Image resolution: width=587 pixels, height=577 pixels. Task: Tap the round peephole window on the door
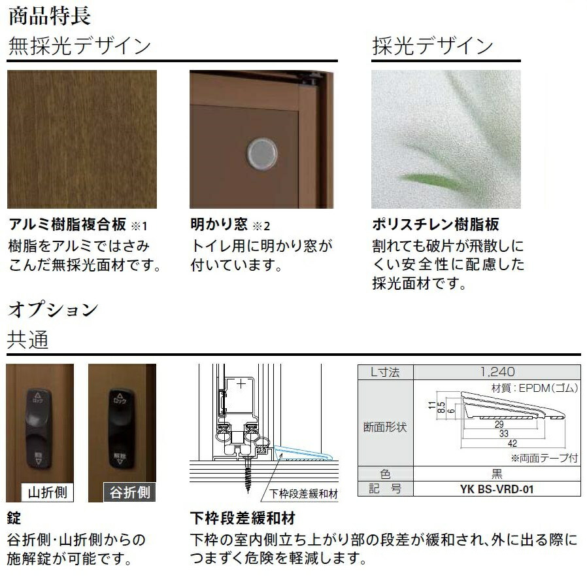pos(261,152)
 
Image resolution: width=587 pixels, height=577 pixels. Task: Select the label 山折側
pos(47,492)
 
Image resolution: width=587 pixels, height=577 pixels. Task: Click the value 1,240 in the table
pos(497,372)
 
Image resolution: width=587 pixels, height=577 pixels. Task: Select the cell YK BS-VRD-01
pos(497,489)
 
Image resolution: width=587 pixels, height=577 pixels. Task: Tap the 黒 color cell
pos(497,474)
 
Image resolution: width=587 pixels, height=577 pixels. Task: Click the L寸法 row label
pos(386,372)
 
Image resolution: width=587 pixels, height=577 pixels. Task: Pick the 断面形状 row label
pos(386,427)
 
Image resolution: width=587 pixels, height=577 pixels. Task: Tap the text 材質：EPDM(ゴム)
pos(534,388)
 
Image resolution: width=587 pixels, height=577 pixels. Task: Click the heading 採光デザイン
pos(432,46)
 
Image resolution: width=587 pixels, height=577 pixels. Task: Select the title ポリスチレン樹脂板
pos(435,224)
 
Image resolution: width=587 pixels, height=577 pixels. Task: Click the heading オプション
pos(52,309)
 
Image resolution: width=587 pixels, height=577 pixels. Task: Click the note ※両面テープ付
pos(544,458)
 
